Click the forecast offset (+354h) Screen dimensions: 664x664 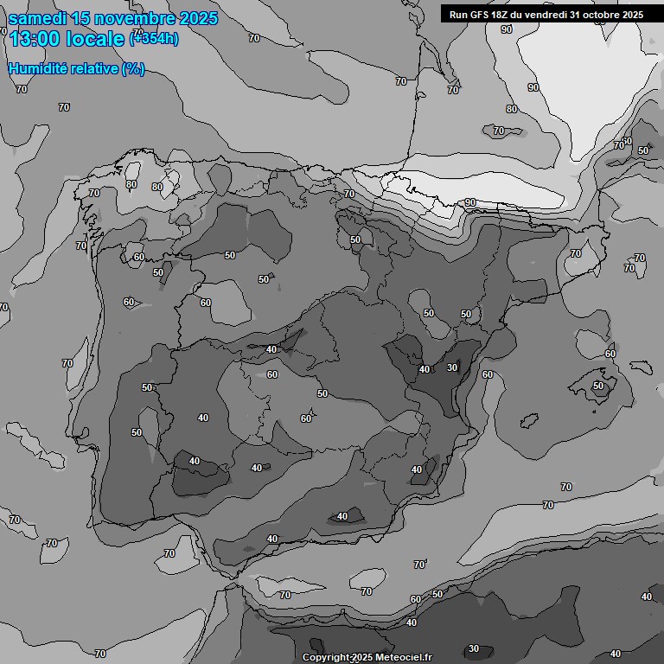pos(154,39)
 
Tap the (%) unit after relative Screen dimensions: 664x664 pos(133,68)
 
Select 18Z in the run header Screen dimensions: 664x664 pos(505,14)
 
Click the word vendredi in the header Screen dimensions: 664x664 pos(546,14)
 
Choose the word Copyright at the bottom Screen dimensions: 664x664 pos(326,657)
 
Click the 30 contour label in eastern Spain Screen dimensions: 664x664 pos(451,367)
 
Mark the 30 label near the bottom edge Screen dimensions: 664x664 pos(473,648)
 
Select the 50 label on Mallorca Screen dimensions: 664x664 pos(598,386)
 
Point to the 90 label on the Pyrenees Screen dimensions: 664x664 pos(470,202)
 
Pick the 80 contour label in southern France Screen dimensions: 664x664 pos(512,109)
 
